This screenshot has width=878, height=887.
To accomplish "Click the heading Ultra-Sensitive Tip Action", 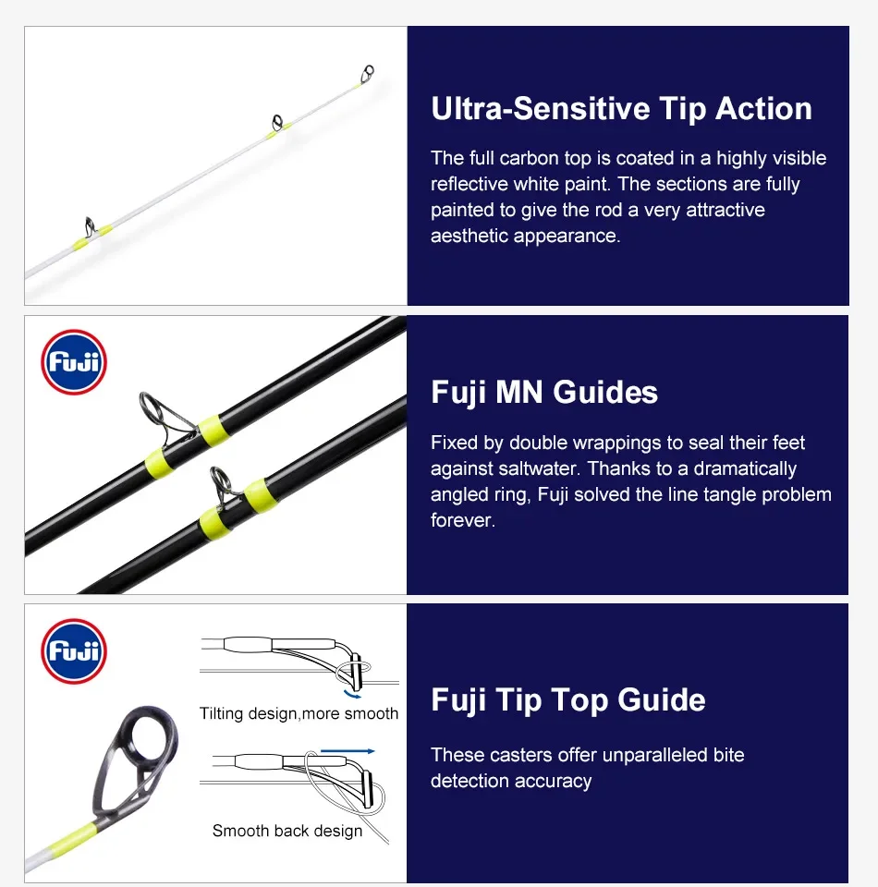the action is pyautogui.click(x=621, y=109).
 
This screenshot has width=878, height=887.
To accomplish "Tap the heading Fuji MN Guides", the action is pyautogui.click(x=544, y=393).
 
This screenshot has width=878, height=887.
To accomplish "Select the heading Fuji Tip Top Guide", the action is pyautogui.click(x=568, y=699).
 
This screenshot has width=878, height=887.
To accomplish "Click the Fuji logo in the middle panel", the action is pyautogui.click(x=74, y=362).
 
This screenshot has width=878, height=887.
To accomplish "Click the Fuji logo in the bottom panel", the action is pyautogui.click(x=74, y=651).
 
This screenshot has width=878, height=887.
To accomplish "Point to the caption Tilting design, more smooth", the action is pyautogui.click(x=299, y=713).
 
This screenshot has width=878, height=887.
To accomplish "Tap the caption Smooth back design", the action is pyautogui.click(x=287, y=831).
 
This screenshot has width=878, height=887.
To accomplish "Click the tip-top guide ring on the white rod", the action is pyautogui.click(x=367, y=74).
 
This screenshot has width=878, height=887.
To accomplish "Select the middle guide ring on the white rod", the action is pyautogui.click(x=277, y=123).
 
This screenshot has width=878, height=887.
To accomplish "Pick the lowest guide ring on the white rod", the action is pyautogui.click(x=91, y=226).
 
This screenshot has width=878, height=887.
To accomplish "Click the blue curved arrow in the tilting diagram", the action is pyautogui.click(x=352, y=695).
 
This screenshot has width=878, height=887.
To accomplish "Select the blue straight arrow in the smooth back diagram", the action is pyautogui.click(x=348, y=751).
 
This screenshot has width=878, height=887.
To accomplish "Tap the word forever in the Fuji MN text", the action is pyautogui.click(x=463, y=520).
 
